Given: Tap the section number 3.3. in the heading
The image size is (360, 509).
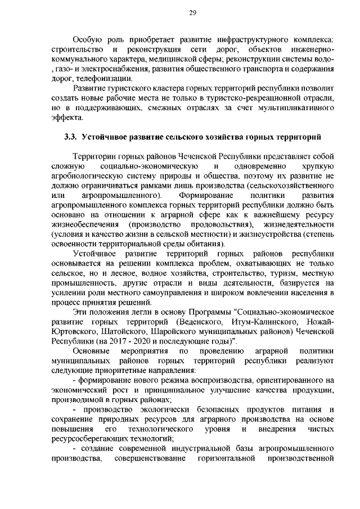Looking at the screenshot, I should click(70, 137).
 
